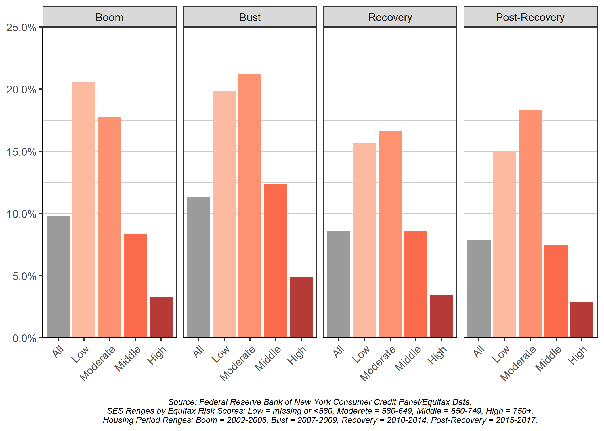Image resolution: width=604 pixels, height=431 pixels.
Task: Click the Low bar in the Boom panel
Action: pyautogui.click(x=84, y=210)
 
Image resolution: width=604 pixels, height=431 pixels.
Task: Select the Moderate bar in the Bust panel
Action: pyautogui.click(x=250, y=206)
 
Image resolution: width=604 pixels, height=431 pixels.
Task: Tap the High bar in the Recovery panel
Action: pyautogui.click(x=441, y=316)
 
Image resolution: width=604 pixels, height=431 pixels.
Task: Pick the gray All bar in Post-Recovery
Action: pyautogui.click(x=479, y=289)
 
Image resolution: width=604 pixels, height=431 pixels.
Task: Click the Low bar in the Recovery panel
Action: pyautogui.click(x=364, y=240)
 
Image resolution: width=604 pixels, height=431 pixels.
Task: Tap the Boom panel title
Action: pyautogui.click(x=109, y=17)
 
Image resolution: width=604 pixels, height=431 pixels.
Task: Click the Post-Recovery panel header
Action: pyautogui.click(x=530, y=17)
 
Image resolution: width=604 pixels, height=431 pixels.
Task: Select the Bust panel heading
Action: pyautogui.click(x=250, y=17)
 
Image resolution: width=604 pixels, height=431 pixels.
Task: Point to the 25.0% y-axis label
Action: pyautogui.click(x=22, y=28)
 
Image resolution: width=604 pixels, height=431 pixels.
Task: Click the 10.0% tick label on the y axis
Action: pyautogui.click(x=22, y=214)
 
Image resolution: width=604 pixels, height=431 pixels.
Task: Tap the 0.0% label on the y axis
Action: pyautogui.click(x=24, y=338)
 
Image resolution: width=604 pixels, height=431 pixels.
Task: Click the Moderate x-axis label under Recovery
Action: pyautogui.click(x=377, y=363)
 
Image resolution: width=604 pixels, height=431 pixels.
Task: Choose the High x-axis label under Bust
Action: pyautogui.click(x=297, y=355)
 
